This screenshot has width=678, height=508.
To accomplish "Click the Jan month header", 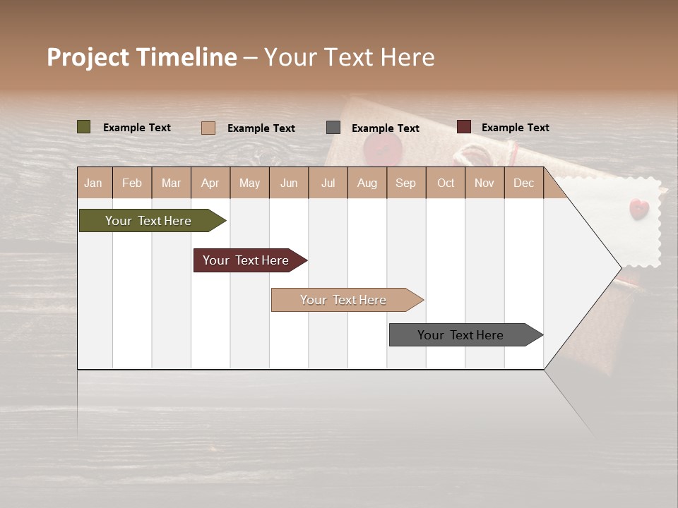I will tap(94, 183).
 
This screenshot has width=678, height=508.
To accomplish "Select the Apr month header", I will tap(210, 183).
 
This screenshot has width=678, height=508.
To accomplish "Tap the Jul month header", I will tap(328, 183).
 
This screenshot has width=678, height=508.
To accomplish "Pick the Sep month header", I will tap(406, 183).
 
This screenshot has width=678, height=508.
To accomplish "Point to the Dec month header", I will tap(523, 183).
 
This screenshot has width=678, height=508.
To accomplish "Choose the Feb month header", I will tap(132, 183).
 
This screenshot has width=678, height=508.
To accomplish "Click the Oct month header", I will tap(446, 183).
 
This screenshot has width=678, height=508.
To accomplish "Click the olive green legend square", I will tap(84, 127).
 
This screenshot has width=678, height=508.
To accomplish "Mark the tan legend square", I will tap(208, 128).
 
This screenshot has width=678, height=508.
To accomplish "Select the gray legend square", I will tap(333, 127).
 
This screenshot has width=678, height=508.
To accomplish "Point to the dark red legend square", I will tap(464, 127).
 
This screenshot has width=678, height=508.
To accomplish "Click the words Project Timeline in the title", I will tap(142, 57).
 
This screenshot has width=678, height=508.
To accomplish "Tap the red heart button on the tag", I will tap(638, 207).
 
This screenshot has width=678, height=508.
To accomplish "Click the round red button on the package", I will tap(383, 149).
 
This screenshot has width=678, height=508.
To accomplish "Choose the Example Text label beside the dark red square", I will tap(515, 128).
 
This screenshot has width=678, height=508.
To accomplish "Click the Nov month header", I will tap(484, 183).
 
